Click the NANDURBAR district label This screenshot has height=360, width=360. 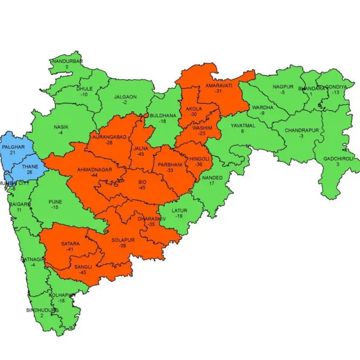67,61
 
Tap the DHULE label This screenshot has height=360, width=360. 84,89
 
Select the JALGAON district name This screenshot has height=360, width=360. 125,97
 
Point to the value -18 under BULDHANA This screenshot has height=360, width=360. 162,121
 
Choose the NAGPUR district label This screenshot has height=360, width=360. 283,87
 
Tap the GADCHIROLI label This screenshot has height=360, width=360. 339,159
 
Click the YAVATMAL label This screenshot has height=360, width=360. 242,125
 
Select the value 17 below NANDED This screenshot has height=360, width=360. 211,184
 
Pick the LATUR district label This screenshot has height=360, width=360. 179,210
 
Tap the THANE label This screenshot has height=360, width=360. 29,167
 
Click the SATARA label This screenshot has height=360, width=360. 70,244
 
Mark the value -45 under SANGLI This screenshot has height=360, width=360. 83,273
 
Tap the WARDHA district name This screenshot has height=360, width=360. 263,107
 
